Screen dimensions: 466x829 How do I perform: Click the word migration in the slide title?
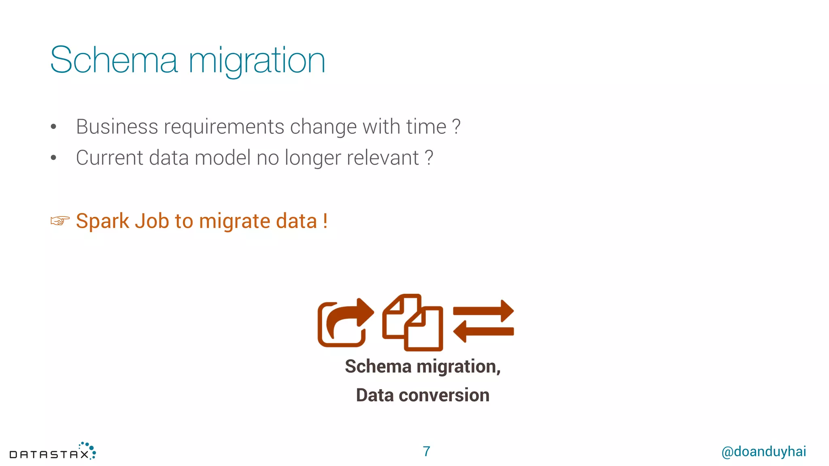pos(257,61)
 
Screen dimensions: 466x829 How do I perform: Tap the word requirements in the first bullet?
pos(224,127)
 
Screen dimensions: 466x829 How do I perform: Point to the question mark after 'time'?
pos(456,127)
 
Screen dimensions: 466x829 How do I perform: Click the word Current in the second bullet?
pos(109,158)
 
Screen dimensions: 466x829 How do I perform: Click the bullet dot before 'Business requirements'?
pos(53,127)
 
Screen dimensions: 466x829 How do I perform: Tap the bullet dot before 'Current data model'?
pos(53,158)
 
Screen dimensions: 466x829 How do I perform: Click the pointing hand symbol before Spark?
pos(60,221)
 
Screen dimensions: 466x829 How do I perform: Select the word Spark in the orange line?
pos(102,221)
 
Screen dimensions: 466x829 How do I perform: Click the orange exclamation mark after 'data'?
pos(325,221)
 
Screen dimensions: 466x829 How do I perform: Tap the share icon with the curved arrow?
pos(345,323)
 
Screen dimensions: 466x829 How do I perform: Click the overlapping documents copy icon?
pos(412,322)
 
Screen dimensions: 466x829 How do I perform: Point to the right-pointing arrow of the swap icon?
pos(484,311)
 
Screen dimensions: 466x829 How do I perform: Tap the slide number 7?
pos(426,451)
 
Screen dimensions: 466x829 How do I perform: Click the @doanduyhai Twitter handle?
pos(763,451)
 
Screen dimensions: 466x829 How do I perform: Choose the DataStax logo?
pos(53,451)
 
